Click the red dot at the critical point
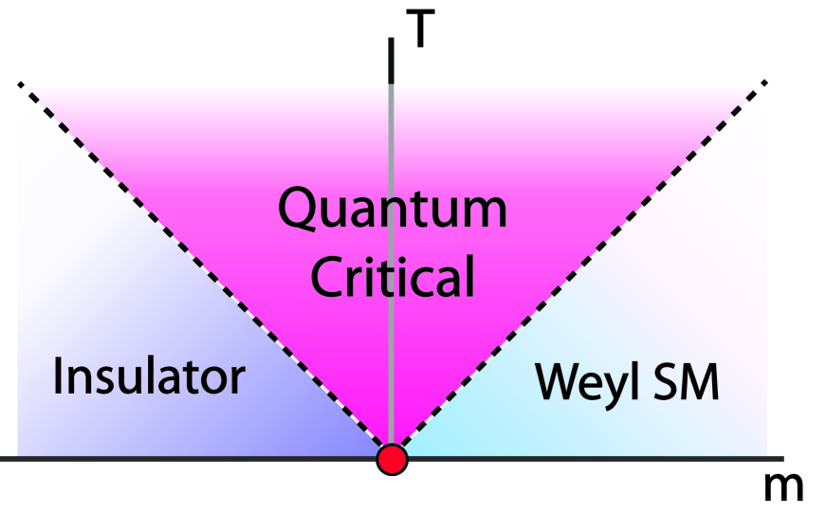[392, 459]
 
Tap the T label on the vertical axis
[424, 30]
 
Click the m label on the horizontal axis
[783, 486]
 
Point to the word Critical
[392, 276]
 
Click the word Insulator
[149, 376]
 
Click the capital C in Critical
[329, 276]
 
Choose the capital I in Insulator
[60, 376]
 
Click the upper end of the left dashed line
[20, 85]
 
